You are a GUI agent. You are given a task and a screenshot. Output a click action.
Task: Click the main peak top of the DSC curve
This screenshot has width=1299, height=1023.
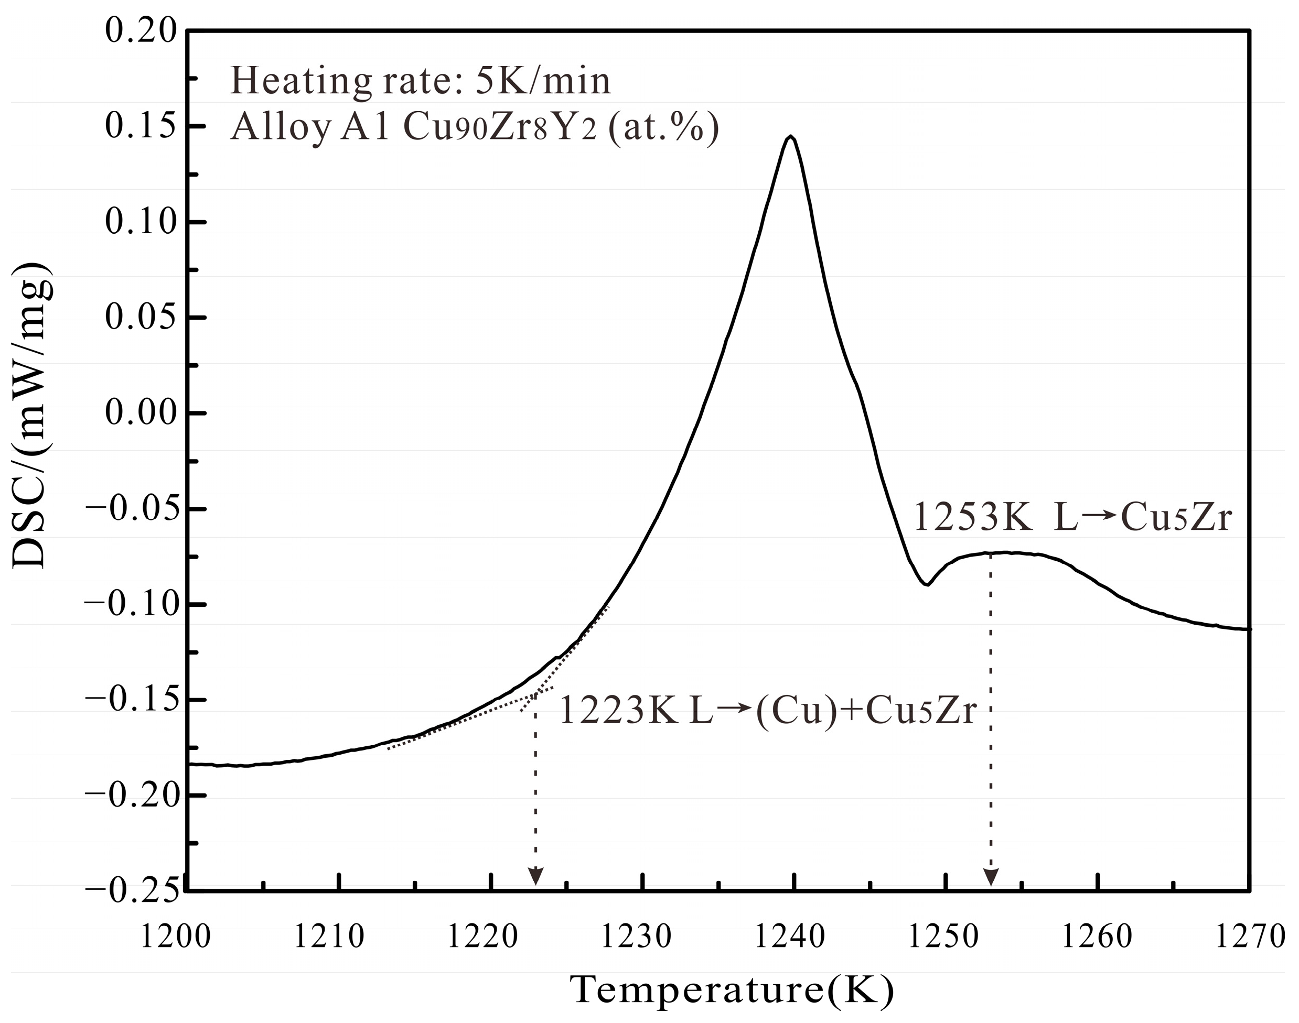(x=791, y=137)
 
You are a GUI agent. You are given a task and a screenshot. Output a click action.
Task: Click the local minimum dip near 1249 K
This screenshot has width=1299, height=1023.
(x=926, y=584)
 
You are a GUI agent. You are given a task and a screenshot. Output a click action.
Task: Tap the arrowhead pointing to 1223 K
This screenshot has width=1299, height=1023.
(x=535, y=877)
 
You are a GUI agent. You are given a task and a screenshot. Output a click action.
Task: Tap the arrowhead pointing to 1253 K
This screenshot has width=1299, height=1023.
(x=991, y=877)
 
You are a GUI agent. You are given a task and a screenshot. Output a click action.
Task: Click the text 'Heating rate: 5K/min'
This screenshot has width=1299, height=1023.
(x=421, y=81)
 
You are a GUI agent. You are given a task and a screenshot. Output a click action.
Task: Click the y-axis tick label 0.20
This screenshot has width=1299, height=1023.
(x=142, y=30)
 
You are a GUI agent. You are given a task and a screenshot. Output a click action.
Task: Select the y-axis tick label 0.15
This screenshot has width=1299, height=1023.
(x=142, y=126)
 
